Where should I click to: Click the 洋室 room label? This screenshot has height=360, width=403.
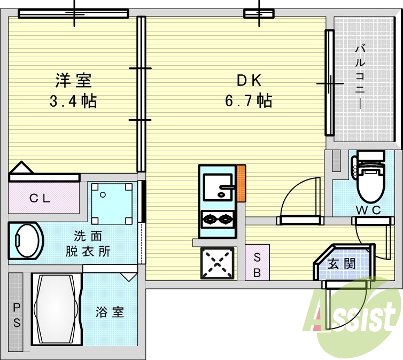[x=74, y=81]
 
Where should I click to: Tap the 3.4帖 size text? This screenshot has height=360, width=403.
[x=73, y=101]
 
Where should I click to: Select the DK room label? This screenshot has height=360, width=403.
[x=249, y=80]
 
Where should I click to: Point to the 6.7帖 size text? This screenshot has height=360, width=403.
[x=249, y=100]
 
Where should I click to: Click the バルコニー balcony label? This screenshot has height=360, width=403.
[x=360, y=77]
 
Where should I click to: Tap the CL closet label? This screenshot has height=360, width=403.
[x=40, y=198]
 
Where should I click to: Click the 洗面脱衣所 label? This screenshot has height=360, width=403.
[x=88, y=244]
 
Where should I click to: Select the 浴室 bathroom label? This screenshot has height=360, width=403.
[x=110, y=312]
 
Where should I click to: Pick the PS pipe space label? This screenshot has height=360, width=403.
[x=17, y=315]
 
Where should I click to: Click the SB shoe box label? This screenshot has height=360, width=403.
[x=257, y=265]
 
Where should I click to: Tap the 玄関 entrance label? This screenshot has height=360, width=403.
[x=342, y=264]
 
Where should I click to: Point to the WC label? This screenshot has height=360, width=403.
[x=368, y=210]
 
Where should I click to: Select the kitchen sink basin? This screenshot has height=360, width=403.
[x=218, y=187]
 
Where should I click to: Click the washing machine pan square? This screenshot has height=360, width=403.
[x=112, y=204]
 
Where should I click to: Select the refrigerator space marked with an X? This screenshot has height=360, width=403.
[x=218, y=263]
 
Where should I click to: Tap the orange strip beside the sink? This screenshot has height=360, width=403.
[x=241, y=183]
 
